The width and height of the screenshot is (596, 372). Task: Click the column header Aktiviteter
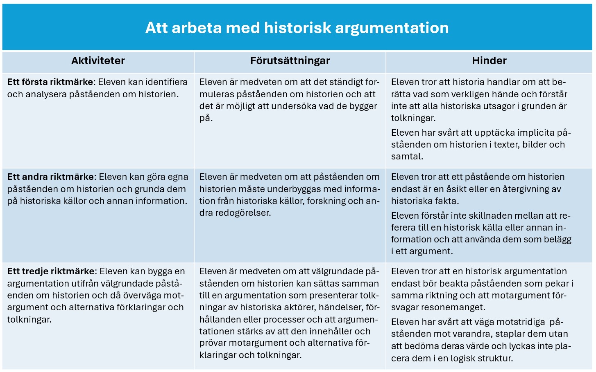click(x=98, y=61)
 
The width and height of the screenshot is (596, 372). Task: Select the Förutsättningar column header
click(x=290, y=61)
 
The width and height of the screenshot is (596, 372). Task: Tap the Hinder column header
click(x=489, y=61)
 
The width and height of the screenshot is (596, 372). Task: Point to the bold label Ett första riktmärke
click(x=50, y=82)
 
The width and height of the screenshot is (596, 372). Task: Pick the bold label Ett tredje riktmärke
click(x=51, y=271)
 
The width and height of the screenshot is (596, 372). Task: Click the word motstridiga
click(x=519, y=322)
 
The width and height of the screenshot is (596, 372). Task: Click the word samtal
click(x=407, y=157)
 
